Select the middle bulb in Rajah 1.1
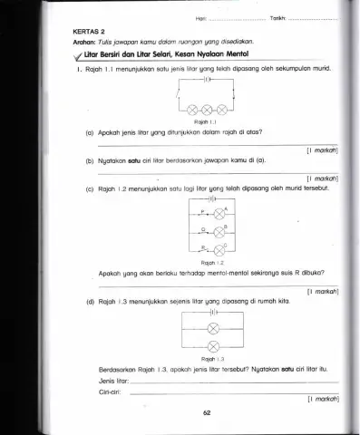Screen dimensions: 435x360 point(209,117)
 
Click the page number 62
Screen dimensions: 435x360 point(208,412)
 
